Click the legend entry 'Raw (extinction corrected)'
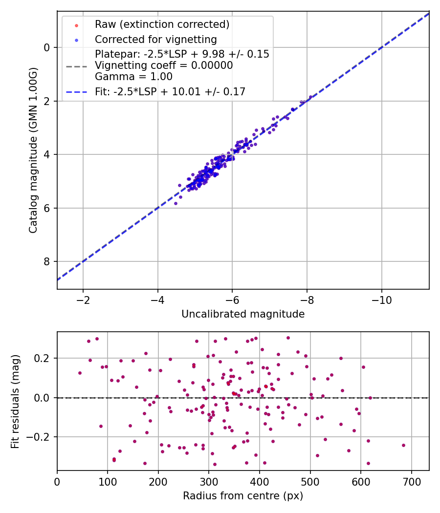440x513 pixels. tap(162, 24)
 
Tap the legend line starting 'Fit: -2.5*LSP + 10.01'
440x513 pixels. tap(170, 91)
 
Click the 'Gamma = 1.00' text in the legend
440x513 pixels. tap(133, 77)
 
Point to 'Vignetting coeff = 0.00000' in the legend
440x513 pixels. tap(164, 65)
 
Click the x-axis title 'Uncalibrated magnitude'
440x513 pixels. tap(243, 314)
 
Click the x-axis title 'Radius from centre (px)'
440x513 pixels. tap(243, 496)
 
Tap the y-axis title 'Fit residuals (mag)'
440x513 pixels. tap(16, 402)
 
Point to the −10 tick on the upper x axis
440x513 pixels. tap(381, 300)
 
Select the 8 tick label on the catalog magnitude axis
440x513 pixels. tap(47, 262)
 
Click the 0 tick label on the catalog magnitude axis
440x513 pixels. tap(47, 47)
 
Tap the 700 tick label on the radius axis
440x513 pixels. tap(411, 482)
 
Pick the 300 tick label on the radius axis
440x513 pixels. tap(209, 482)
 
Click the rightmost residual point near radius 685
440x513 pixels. tap(403, 445)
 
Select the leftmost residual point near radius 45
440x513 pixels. tap(80, 373)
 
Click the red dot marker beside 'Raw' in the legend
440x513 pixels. tap(76, 24)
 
